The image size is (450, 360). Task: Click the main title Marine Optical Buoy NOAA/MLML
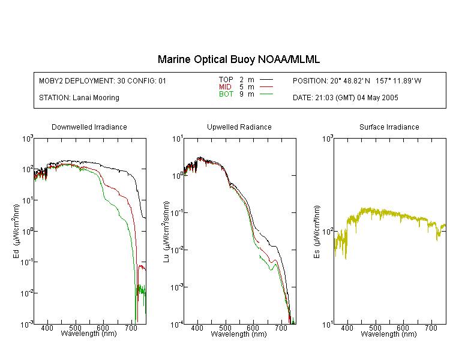click(238, 59)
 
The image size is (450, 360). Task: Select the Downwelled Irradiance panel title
click(89, 127)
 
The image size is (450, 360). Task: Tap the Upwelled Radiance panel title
click(239, 127)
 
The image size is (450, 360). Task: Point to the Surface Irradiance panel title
click(389, 127)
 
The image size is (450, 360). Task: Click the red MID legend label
click(225, 86)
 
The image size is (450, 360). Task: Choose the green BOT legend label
click(226, 94)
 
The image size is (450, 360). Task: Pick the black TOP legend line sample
click(266, 79)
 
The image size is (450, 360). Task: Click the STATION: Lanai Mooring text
click(79, 98)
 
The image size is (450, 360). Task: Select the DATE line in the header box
click(346, 98)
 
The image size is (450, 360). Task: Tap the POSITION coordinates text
click(357, 80)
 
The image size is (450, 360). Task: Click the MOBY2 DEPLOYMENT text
click(103, 80)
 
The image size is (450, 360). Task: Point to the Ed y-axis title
click(16, 231)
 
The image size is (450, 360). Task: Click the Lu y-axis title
click(166, 232)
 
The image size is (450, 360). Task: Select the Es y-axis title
click(317, 232)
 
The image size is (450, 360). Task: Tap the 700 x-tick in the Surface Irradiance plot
click(431, 328)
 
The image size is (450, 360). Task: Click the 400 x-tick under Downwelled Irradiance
click(47, 328)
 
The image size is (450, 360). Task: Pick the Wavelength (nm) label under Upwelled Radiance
click(239, 334)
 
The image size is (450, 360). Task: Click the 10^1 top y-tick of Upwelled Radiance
click(178, 139)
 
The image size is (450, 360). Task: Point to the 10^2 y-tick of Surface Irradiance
click(328, 232)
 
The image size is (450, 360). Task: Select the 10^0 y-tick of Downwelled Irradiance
click(28, 231)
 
